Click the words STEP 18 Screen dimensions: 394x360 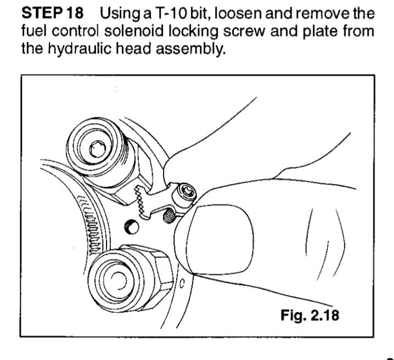click(x=53, y=13)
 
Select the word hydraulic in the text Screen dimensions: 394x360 click(x=80, y=48)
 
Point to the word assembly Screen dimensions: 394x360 click(x=190, y=48)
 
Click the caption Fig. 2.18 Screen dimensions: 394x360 click(x=309, y=315)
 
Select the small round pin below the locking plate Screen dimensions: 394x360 click(x=131, y=226)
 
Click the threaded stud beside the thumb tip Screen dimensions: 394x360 click(x=169, y=216)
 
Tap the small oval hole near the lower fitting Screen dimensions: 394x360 click(x=182, y=283)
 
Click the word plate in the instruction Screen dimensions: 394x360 click(x=319, y=31)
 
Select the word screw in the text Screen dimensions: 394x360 click(x=244, y=31)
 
